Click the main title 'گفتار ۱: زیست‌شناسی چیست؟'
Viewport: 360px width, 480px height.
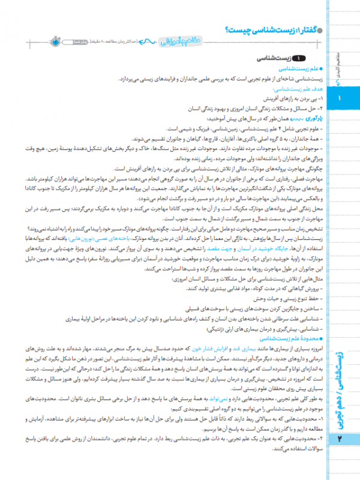pyautogui.click(x=270, y=31)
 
